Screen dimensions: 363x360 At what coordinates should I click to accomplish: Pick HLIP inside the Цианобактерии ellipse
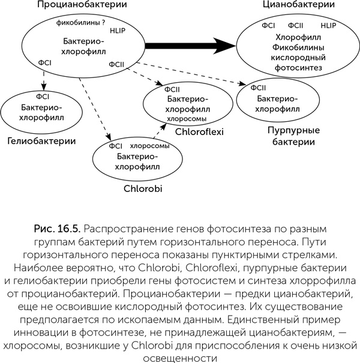click(329, 26)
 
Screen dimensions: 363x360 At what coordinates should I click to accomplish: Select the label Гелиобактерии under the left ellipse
click(41, 142)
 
